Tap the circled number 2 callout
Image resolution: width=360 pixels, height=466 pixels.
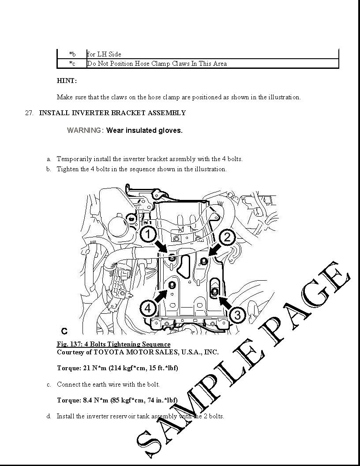click(x=227, y=238)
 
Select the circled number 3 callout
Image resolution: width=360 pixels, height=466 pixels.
click(x=237, y=315)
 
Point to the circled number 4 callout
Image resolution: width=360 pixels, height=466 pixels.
click(x=148, y=308)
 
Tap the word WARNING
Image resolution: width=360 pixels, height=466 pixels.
click(x=85, y=130)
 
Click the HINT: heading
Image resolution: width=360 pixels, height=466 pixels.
click(x=67, y=81)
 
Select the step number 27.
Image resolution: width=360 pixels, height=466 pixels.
click(x=29, y=113)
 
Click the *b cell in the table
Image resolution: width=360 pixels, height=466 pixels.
click(x=72, y=54)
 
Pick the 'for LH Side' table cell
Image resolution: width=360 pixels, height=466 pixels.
click(x=104, y=54)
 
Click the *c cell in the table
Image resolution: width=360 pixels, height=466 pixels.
click(x=72, y=64)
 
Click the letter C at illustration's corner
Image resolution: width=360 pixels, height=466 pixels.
click(x=64, y=331)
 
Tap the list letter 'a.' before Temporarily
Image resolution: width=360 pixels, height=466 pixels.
click(x=49, y=159)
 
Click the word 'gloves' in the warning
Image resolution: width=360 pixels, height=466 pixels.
click(x=170, y=130)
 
